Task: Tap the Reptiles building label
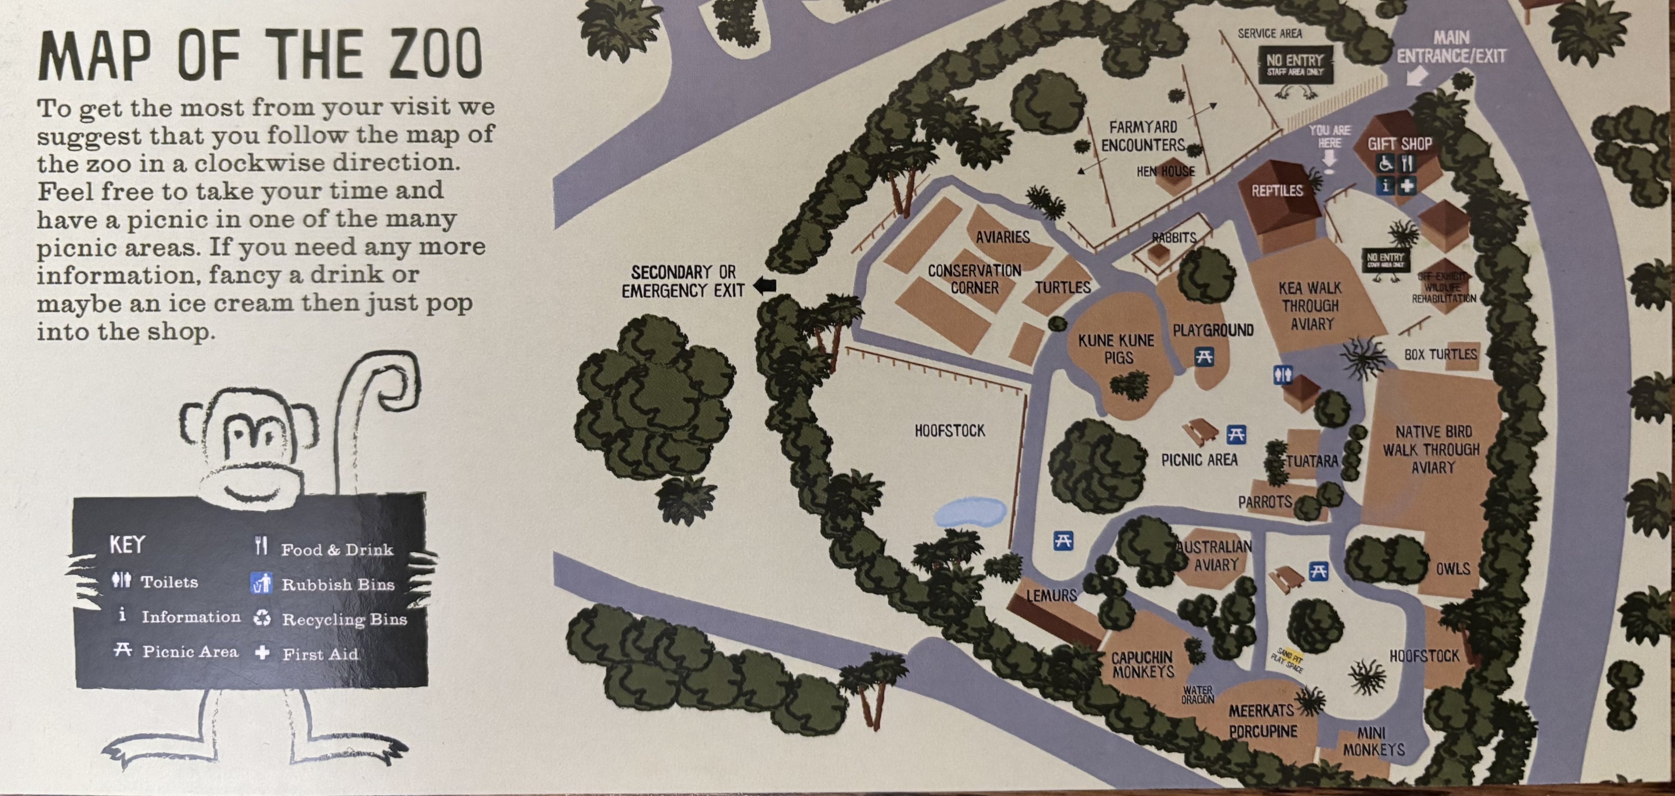click(x=1277, y=191)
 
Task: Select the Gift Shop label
click(x=1399, y=144)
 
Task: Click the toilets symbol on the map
click(x=1282, y=375)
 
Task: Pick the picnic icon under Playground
click(x=1203, y=356)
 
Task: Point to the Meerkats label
click(x=1261, y=711)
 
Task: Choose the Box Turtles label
click(x=1440, y=355)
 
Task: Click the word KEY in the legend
click(x=127, y=544)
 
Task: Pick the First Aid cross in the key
click(x=262, y=652)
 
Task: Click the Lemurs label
click(x=1051, y=595)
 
